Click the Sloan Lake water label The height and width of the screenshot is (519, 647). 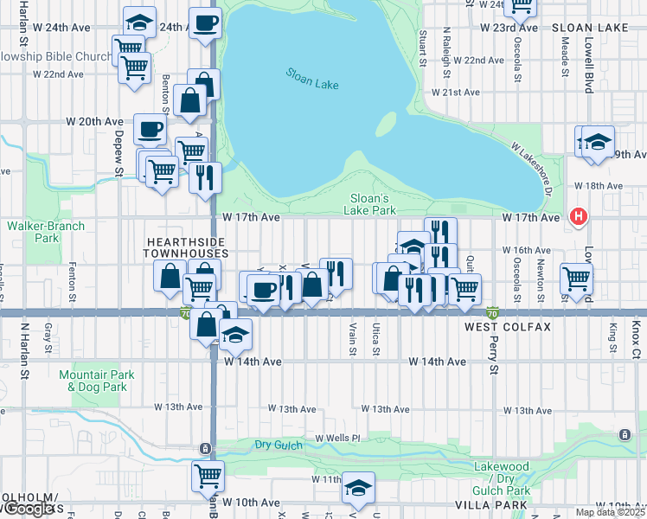(312, 79)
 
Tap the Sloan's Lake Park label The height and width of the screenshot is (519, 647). (373, 203)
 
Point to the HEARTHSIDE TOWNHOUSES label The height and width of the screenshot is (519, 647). (186, 247)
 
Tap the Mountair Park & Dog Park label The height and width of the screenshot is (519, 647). (85, 381)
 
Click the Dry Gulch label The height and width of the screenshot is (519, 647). (276, 445)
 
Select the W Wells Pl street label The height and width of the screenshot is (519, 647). (336, 439)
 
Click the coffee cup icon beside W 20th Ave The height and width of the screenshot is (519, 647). (149, 130)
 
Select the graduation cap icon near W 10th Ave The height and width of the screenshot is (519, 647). (358, 487)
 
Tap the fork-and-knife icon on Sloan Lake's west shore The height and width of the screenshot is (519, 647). (205, 177)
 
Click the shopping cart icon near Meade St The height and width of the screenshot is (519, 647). (577, 278)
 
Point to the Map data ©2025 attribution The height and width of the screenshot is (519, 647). (610, 512)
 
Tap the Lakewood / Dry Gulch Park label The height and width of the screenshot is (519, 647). (501, 472)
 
